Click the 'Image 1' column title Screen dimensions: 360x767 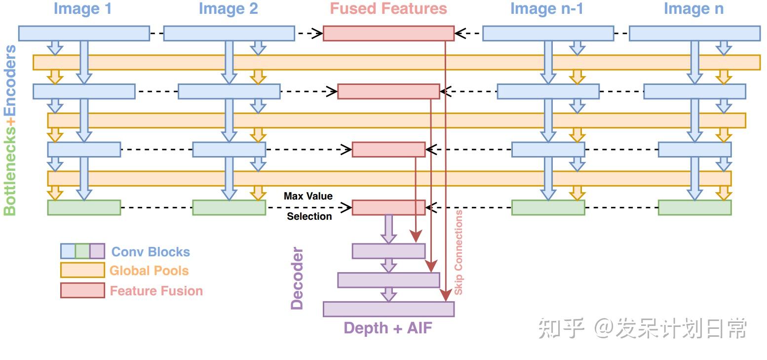pos(82,9)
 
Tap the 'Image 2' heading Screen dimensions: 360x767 pos(228,9)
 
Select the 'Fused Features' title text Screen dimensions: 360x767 pos(388,9)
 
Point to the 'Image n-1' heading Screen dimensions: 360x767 pos(546,9)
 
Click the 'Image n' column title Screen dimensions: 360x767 pos(693,9)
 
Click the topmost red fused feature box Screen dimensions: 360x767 pos(388,33)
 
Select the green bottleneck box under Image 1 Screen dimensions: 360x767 pos(84,207)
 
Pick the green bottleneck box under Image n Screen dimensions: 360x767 pos(694,207)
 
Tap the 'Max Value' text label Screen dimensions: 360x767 pos(308,196)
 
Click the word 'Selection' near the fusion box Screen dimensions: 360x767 pos(309,216)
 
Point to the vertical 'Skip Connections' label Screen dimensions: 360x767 pos(459,252)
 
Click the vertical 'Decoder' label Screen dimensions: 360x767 pos(297,279)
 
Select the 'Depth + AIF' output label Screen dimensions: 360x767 pos(388,328)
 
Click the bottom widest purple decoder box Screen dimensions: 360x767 pos(388,309)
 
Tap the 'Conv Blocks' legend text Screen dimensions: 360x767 pos(151,252)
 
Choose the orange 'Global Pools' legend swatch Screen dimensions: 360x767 pos(82,270)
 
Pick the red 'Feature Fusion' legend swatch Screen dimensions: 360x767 pos(82,290)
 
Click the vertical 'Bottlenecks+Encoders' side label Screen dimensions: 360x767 pos(10,130)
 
